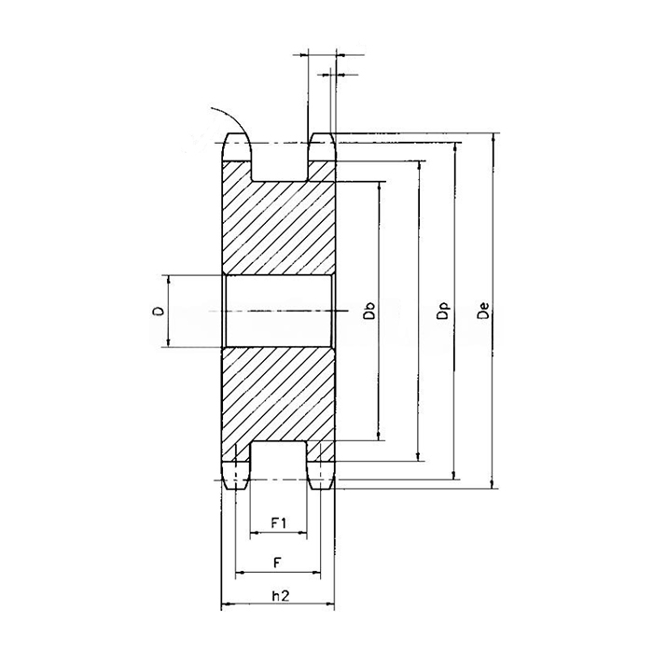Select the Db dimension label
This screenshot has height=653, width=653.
tap(369, 312)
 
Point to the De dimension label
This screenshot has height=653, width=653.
tap(482, 312)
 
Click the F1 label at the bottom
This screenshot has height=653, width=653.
tap(277, 522)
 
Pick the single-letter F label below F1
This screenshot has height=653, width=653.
tap(277, 562)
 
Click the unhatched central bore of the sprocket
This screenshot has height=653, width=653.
tap(278, 312)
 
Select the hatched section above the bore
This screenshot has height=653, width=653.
tap(278, 229)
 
